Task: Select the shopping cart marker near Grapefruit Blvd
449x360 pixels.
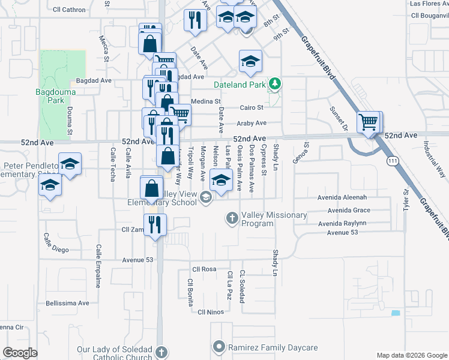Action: point(369,123)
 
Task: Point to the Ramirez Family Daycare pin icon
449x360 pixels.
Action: point(219,347)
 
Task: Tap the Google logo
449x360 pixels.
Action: point(20,353)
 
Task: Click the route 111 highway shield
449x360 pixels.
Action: point(393,161)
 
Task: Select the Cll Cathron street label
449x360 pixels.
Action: point(69,10)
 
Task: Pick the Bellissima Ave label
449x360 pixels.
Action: point(67,303)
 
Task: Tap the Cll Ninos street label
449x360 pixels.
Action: point(211,312)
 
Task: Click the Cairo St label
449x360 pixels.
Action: point(252,108)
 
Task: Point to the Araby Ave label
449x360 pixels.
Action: point(252,123)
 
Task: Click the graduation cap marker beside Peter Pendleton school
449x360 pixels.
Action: point(70,166)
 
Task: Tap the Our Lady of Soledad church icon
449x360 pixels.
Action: point(160,351)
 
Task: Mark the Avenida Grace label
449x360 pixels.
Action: point(349,211)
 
